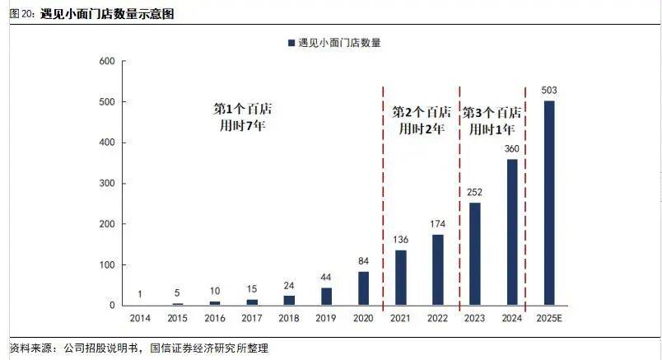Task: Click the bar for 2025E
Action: click(549, 203)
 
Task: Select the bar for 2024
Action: click(511, 232)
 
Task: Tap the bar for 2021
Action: click(400, 278)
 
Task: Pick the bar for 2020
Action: click(363, 288)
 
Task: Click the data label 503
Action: click(549, 90)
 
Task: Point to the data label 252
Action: click(474, 192)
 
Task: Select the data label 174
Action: click(437, 224)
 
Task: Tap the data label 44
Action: click(326, 277)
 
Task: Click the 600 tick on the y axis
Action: click(106, 62)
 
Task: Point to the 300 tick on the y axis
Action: click(106, 184)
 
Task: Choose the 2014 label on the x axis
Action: click(140, 317)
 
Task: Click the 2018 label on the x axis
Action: click(289, 317)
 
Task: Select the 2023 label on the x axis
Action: click(474, 317)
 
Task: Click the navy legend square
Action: click(291, 42)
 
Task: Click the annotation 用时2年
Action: click(421, 129)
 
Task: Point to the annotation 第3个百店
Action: click(492, 112)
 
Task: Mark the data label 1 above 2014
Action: click(140, 294)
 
